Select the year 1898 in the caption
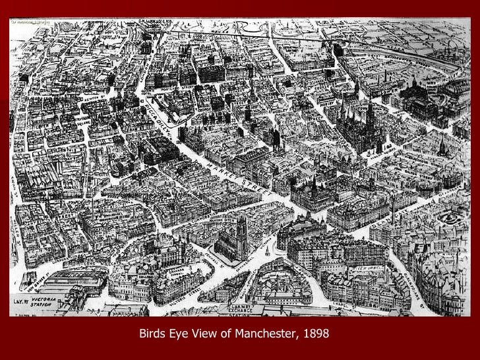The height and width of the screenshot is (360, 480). point(313,335)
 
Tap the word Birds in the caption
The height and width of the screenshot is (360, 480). point(152,335)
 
